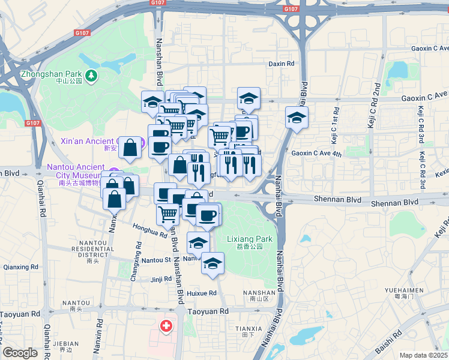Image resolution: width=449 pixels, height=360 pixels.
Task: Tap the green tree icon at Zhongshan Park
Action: [x=91, y=75]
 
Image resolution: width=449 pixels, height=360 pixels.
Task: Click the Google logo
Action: [x=20, y=353]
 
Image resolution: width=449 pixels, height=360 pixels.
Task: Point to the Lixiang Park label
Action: [x=250, y=239]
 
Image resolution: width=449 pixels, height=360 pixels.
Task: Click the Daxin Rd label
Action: [x=282, y=63]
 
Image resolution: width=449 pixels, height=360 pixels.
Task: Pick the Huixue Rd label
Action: [x=202, y=293]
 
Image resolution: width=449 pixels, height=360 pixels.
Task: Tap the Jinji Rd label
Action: [x=161, y=279]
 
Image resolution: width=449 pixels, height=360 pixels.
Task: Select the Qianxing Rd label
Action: [x=20, y=267]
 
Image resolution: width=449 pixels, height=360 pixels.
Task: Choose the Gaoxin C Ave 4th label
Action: [x=316, y=154]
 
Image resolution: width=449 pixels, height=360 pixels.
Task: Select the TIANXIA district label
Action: [x=249, y=328]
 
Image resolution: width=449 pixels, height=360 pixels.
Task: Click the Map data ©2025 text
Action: [x=424, y=355]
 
